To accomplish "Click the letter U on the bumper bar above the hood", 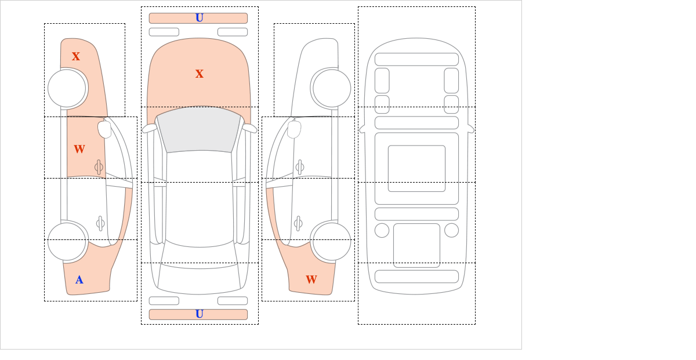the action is pos(200,18).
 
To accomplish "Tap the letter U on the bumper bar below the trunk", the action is pos(200,314).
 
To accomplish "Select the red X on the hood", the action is pos(200,74).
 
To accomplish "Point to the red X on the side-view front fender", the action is pos(76,56).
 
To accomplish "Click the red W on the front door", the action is pos(79,149).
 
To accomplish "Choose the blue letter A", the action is pos(79,280).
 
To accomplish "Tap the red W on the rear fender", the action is pos(311,279).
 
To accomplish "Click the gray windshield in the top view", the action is pos(199,130).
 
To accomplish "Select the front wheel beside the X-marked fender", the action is pos(68,89).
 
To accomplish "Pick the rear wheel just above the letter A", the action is pos(68,241).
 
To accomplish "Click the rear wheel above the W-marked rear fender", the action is pos(331,241).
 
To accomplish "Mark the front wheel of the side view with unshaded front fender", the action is pos(331,89).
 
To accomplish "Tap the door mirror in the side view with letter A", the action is pos(104,129).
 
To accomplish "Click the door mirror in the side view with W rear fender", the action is pos(294,129).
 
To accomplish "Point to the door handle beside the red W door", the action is pos(99,167).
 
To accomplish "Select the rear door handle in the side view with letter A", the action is pos(100,223).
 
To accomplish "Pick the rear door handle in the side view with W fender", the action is pos(298,223).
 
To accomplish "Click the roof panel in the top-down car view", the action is pos(199,199).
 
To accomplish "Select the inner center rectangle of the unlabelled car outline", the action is pos(416,168).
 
